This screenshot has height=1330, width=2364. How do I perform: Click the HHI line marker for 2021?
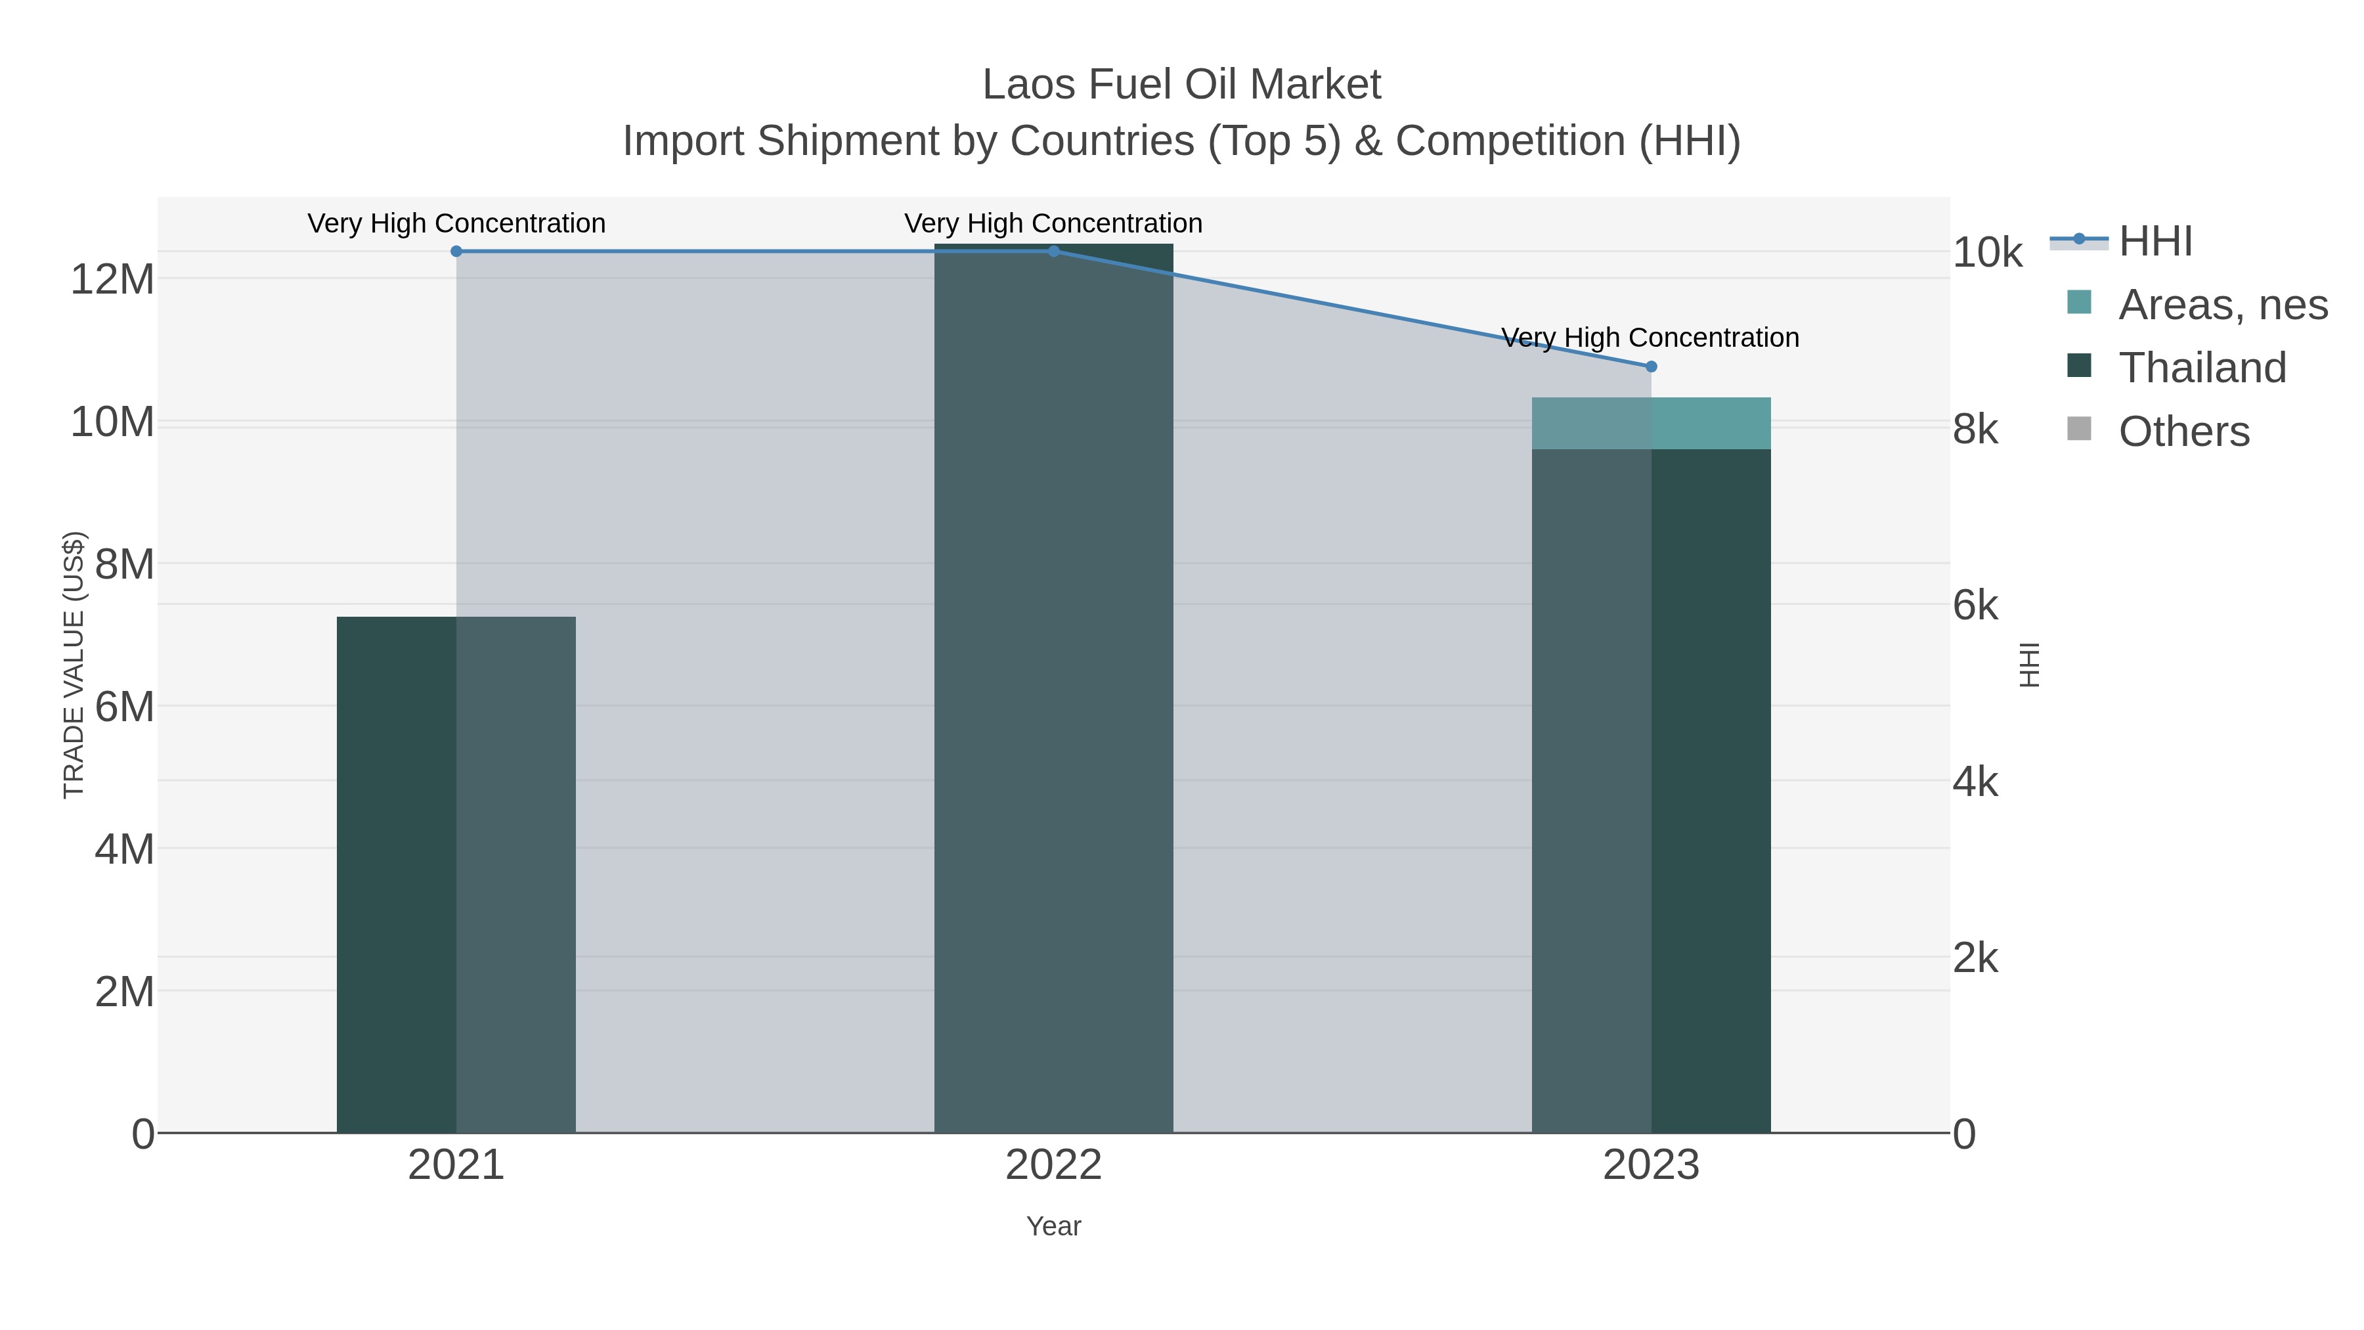[456, 252]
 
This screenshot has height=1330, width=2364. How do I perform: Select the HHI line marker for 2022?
[1053, 252]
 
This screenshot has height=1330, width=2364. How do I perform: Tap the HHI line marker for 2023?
[1651, 367]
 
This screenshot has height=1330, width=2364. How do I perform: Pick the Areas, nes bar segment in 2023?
[1651, 423]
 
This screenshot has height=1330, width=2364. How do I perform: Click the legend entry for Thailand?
[2202, 368]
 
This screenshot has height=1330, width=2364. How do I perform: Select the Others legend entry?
[2183, 432]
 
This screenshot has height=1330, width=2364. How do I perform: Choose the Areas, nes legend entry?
[2222, 305]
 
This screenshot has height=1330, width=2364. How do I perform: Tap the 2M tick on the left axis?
[125, 992]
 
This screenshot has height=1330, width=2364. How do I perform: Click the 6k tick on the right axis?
[1975, 606]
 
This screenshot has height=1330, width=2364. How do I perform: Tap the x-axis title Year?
[1053, 1226]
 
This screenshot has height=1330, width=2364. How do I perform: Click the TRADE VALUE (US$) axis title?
[74, 665]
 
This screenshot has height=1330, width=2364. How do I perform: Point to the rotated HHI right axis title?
[2030, 665]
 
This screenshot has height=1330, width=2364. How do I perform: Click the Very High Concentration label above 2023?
[1650, 338]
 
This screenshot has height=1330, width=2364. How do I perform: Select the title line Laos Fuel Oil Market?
[1181, 85]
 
